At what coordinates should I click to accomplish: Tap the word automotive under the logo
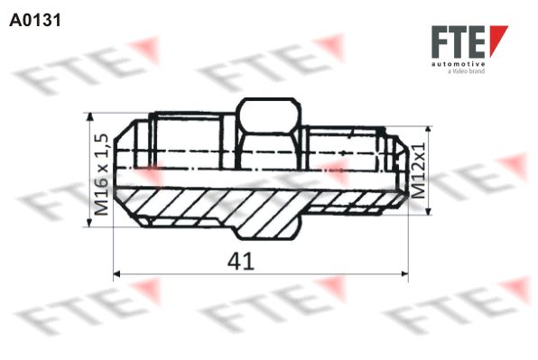tap(459, 65)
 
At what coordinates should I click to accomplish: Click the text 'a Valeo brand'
tap(467, 72)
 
